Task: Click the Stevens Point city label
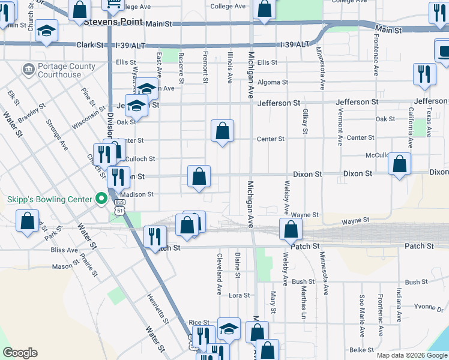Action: pos(113,22)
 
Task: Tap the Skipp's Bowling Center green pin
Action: pos(101,199)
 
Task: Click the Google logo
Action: pos(20,353)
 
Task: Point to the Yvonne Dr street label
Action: pos(428,307)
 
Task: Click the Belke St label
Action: pos(361,350)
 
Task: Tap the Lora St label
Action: pos(239,295)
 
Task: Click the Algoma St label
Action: pos(273,82)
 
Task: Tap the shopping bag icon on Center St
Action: pos(222,130)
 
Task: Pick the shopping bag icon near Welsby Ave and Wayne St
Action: pos(291,229)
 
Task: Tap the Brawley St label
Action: pos(31,113)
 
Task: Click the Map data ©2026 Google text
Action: pos(411,355)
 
